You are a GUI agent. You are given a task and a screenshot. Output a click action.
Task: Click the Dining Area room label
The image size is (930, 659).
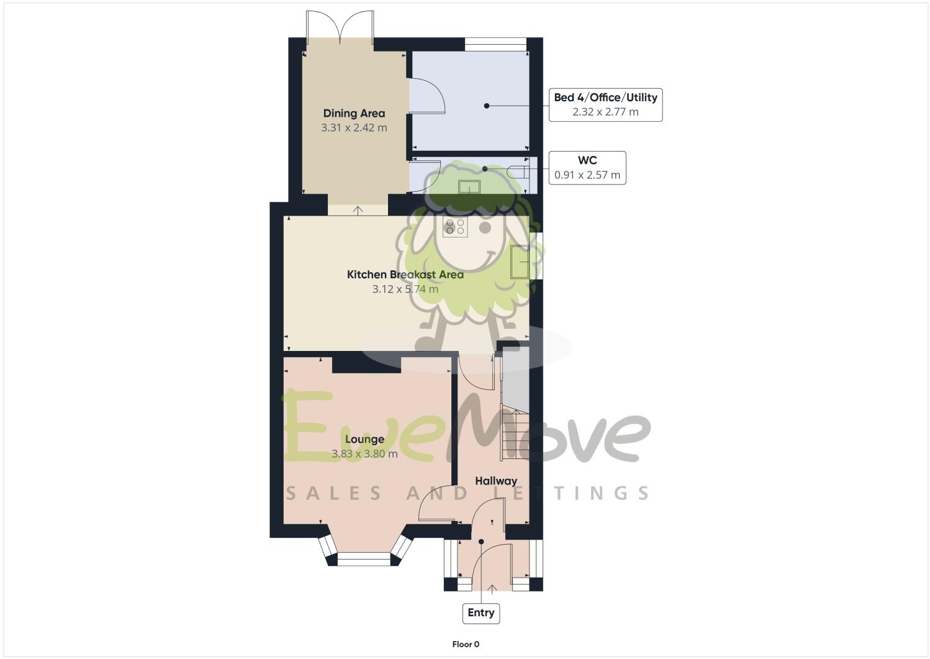coord(354,113)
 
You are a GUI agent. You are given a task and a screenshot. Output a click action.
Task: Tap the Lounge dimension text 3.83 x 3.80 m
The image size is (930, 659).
coord(364,454)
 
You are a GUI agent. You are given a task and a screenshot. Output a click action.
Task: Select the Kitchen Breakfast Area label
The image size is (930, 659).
coord(405,275)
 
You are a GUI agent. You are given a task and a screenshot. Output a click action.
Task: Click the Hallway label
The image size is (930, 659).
coord(496,481)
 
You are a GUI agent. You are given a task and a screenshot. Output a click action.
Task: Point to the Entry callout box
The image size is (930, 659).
coord(481,613)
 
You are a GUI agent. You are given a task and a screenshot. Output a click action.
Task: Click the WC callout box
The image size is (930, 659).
coord(587,168)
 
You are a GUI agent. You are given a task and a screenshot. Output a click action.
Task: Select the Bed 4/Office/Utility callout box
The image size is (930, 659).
coord(605,104)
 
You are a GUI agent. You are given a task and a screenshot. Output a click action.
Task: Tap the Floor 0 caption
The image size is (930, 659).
coord(466,644)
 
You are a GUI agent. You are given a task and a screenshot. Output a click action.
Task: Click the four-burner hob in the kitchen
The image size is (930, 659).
coord(455,227)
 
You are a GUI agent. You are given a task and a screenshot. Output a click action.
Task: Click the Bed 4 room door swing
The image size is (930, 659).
coord(427,97)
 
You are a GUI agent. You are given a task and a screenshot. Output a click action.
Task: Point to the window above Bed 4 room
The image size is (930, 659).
coord(495,44)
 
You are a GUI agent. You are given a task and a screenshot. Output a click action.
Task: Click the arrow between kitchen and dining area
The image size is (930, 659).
coord(358,210)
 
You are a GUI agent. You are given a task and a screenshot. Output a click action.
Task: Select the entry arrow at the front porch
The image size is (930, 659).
coord(492,588)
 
